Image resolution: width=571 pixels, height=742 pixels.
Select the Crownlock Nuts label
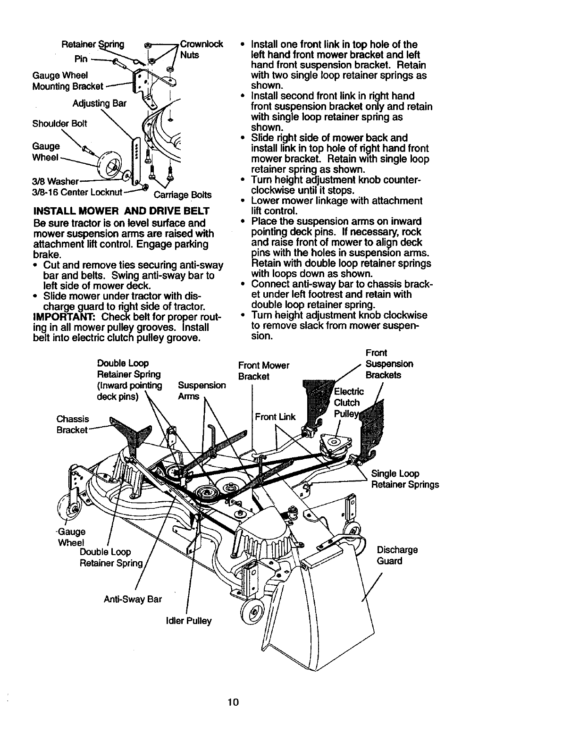pyautogui.click(x=200, y=50)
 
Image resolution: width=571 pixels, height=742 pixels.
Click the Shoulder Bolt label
pyautogui.click(x=60, y=124)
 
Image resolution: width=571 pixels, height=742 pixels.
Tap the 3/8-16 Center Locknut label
pyautogui.click(x=78, y=192)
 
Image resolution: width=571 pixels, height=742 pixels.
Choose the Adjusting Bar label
pyautogui.click(x=99, y=103)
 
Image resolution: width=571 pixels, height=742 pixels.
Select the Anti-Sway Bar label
pyautogui.click(x=133, y=599)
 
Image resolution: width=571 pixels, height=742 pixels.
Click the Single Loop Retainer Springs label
pyautogui.click(x=405, y=479)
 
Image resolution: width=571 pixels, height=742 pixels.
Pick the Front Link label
pyautogui.click(x=275, y=416)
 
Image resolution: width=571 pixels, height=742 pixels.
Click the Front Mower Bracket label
pyautogui.click(x=263, y=371)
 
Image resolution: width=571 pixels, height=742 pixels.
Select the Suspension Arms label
pyautogui.click(x=202, y=391)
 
